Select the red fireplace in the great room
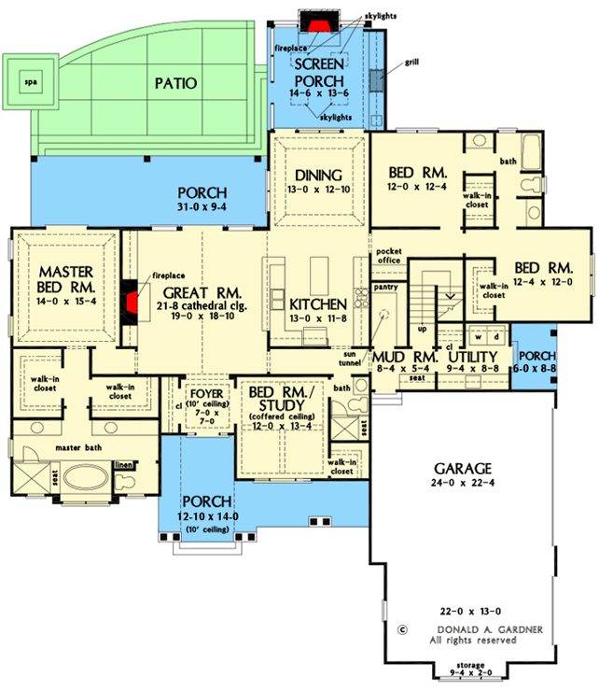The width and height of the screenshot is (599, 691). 133,301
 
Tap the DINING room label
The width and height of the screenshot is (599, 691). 319,175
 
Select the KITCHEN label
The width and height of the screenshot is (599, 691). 318,304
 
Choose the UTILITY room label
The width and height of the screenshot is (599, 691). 470,357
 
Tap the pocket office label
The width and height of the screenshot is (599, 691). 388,257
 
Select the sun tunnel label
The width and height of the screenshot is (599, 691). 351,356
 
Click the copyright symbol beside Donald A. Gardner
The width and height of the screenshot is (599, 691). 403,628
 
